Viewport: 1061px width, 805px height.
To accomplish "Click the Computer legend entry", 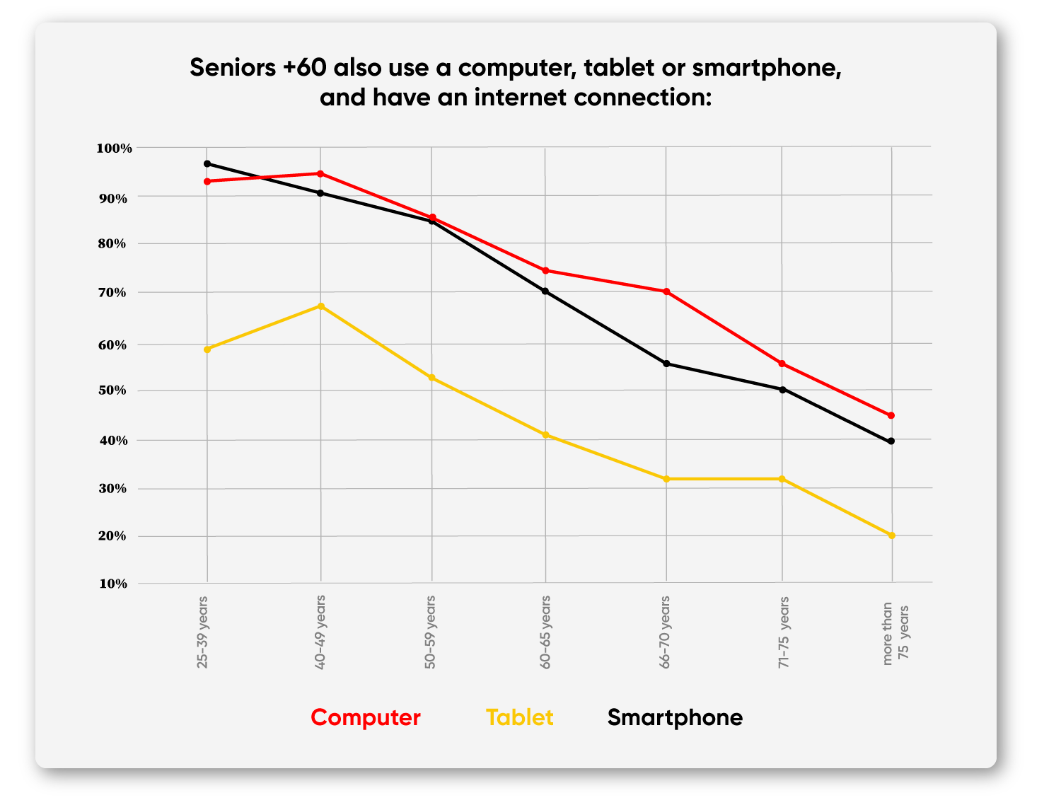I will click(x=365, y=717).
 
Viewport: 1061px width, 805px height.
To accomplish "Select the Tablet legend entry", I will click(x=519, y=717).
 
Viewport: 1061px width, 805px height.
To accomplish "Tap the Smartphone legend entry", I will click(x=675, y=717).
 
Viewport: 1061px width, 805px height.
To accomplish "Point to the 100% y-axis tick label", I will click(x=115, y=149).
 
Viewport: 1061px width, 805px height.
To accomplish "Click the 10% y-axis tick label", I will click(x=113, y=584).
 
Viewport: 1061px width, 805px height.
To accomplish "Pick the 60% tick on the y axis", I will click(x=113, y=345).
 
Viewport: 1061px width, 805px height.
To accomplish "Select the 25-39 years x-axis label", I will click(x=203, y=632).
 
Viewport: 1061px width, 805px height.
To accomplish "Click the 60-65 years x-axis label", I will click(x=545, y=632).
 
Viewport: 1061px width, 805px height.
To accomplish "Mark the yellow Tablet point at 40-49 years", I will click(x=321, y=306).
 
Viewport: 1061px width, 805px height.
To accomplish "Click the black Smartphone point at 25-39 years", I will click(x=207, y=164).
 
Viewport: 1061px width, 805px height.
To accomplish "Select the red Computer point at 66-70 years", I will click(x=666, y=291).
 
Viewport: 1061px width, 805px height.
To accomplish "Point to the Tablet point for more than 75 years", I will click(x=891, y=535).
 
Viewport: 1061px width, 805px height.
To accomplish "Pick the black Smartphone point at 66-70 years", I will click(x=666, y=364).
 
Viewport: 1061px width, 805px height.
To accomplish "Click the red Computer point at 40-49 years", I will click(x=320, y=174).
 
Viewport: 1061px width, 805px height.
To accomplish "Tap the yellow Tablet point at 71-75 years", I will click(x=782, y=479).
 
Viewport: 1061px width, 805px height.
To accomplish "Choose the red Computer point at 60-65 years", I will click(x=545, y=271).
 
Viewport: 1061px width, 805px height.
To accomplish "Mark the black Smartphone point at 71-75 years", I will click(x=782, y=390).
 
